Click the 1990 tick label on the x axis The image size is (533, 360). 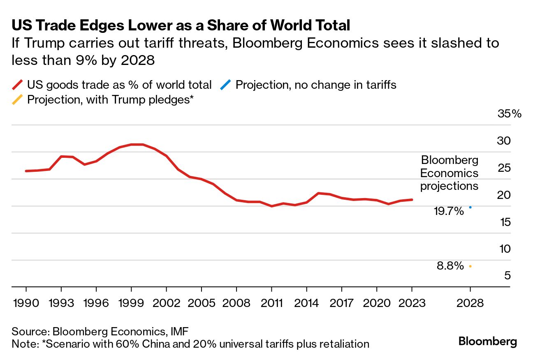[26, 303]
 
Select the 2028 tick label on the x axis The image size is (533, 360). [470, 303]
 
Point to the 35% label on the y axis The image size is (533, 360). [509, 114]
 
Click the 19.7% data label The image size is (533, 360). [449, 211]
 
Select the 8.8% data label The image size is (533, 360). [450, 266]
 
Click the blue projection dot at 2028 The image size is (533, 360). [470, 207]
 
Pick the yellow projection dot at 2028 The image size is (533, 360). [470, 266]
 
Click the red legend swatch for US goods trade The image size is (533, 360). [18, 85]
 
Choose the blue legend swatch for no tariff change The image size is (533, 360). [226, 85]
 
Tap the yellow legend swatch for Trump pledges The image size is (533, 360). [18, 99]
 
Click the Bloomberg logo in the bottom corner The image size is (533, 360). [487, 342]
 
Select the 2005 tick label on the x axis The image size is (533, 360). [202, 303]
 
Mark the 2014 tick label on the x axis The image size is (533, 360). [307, 303]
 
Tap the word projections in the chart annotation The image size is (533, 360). [449, 186]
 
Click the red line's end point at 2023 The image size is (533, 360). [412, 200]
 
